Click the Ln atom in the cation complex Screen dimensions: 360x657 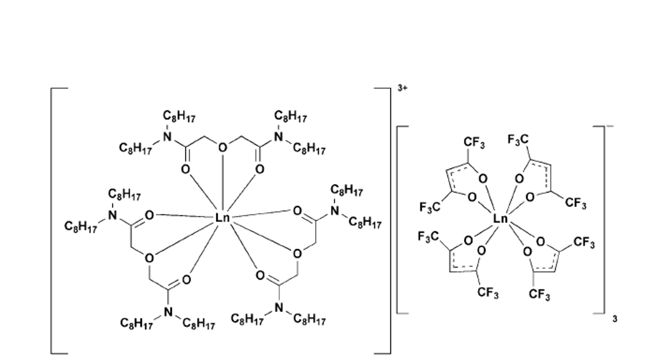pos(222,218)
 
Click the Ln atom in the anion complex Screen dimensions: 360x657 pos(500,219)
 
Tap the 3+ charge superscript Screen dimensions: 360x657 pos(402,88)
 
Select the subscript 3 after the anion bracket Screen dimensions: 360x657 pos(615,320)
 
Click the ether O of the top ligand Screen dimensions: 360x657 pos(222,148)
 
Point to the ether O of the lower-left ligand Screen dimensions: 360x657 pos(149,258)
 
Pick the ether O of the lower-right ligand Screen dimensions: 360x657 pos(297,254)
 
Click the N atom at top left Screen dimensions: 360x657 pos(167,136)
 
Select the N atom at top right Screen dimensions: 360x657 pos(277,136)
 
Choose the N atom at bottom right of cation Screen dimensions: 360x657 pos(279,308)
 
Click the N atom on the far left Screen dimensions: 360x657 pos(112,215)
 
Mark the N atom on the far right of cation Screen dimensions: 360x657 pos(335,211)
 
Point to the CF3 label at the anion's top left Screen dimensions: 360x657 pos(474,143)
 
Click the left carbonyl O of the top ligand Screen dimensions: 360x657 pos(185,169)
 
